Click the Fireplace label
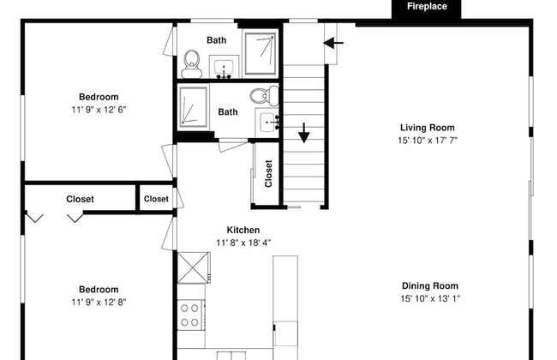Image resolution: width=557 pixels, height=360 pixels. [427, 6]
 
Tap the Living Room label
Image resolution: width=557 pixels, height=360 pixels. [428, 128]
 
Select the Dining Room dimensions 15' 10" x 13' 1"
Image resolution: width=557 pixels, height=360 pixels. [430, 299]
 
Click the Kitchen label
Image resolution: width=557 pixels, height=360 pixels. [243, 230]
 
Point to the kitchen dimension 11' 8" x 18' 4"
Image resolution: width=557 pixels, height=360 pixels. [243, 243]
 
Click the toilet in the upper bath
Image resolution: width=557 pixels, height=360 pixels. [192, 64]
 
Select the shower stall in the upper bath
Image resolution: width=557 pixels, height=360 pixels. [261, 54]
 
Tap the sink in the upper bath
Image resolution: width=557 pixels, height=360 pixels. [224, 68]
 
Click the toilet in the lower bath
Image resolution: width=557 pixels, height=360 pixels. [265, 95]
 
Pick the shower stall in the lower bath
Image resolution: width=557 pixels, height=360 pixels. [194, 106]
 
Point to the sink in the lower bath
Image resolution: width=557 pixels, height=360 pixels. [268, 123]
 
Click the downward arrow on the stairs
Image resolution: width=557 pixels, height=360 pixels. [303, 133]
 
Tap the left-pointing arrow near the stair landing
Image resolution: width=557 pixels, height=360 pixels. [333, 43]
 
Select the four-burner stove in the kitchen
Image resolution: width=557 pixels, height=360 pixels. [191, 315]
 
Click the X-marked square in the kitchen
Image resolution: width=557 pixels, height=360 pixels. [194, 267]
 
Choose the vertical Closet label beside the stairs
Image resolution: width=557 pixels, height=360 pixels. [268, 174]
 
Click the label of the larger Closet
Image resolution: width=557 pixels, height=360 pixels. [80, 199]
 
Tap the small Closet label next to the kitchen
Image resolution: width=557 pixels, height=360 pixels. [156, 199]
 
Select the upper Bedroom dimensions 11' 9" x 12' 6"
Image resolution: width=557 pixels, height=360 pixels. [99, 110]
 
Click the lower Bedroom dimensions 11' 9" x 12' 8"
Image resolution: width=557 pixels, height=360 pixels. [99, 302]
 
